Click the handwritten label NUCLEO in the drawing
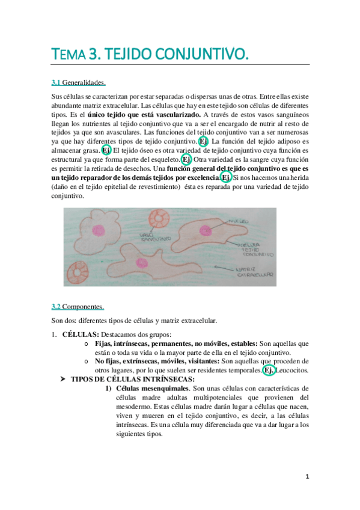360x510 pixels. (239, 221)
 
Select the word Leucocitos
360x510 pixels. (293, 370)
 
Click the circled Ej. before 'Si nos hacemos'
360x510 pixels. (225, 178)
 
